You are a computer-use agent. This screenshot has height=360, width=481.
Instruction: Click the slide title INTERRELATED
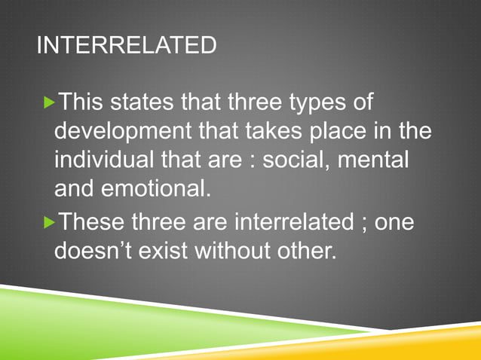click(126, 46)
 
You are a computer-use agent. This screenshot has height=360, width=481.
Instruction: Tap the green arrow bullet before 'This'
click(51, 102)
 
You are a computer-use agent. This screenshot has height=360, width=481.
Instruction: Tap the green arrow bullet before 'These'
click(51, 222)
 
